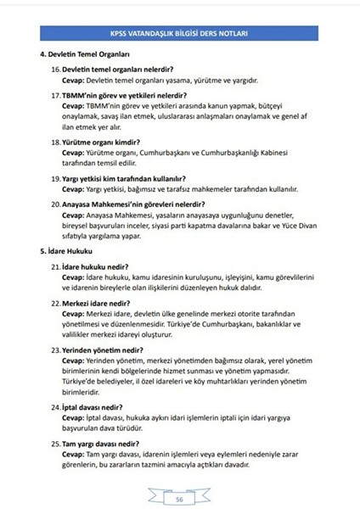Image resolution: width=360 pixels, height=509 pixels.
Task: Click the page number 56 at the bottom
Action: [180, 500]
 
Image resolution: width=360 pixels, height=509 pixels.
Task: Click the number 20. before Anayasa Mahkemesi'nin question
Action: [56, 205]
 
